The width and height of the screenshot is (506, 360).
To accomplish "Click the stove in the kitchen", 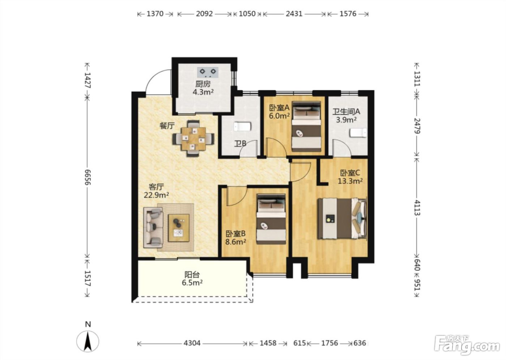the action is pos(208,72).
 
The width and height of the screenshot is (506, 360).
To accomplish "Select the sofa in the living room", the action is pos(153,228).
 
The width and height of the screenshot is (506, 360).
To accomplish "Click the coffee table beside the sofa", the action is pos(179,228).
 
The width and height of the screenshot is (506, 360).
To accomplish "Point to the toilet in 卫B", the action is pos(243,127).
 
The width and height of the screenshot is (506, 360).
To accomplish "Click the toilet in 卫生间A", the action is pos(358,133).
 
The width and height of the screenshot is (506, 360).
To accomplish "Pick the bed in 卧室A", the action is pos(306,127).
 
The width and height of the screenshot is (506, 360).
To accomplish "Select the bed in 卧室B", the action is pos(271,219).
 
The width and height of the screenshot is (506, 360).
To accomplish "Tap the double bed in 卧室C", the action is pos(342,218).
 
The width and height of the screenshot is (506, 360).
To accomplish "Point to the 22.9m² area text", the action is pos(156,195).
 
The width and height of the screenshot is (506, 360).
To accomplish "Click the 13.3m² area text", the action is pos(350,181).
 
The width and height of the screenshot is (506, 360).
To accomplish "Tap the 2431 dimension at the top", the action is pos(294,14).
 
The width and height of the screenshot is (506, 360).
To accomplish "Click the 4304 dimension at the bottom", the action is pos(192,343).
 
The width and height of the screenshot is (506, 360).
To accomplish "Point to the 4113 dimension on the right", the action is pos(417,208).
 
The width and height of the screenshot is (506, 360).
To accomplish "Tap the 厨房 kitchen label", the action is pos(203,84).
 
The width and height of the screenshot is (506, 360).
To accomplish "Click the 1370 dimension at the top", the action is pos(155,14).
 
